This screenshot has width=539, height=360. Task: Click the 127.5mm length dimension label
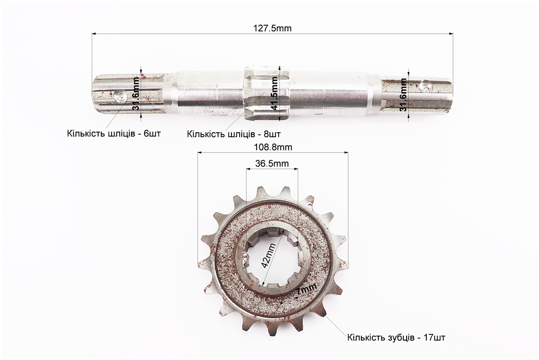(x=272, y=28)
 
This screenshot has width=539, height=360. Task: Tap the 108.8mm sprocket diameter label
(x=272, y=147)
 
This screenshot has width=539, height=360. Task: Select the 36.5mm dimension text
(x=272, y=163)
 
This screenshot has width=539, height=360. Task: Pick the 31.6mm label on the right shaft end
(x=403, y=94)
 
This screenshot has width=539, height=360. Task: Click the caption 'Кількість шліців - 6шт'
(x=113, y=134)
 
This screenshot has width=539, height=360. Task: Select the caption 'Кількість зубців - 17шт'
(x=396, y=337)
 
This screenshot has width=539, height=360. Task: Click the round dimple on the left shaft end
(x=120, y=95)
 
